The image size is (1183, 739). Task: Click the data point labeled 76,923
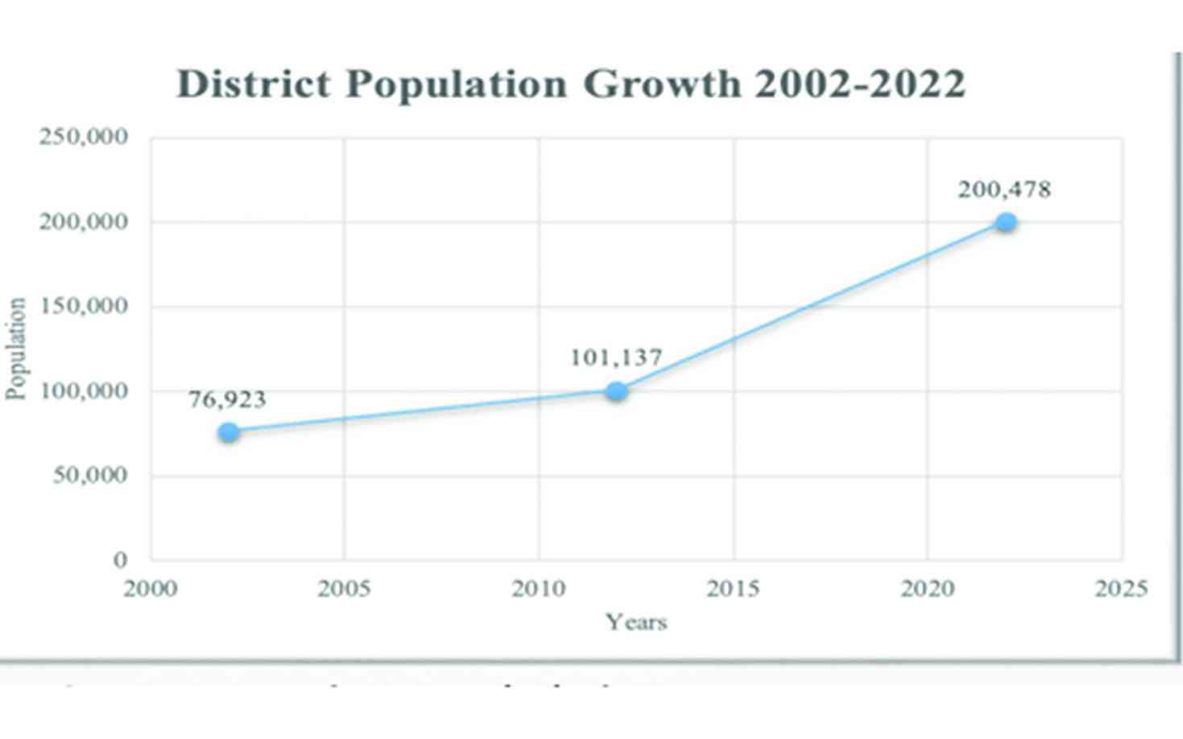click(229, 432)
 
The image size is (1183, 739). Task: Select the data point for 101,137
click(617, 391)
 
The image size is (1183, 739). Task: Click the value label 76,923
click(227, 399)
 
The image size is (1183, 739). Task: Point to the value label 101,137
click(616, 357)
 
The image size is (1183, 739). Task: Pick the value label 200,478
click(1004, 190)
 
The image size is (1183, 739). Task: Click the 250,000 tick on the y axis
click(84, 137)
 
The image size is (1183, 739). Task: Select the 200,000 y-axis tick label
click(84, 221)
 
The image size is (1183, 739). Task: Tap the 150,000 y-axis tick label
click(84, 306)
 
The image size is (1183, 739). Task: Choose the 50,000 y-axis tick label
click(91, 475)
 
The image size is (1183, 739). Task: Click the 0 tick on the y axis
click(120, 559)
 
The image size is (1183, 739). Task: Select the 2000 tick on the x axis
click(150, 588)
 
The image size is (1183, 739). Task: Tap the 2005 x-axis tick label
click(344, 588)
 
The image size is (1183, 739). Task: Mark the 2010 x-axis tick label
click(539, 588)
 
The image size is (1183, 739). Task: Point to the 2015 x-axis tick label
click(733, 588)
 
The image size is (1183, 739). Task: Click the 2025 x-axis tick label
click(1121, 588)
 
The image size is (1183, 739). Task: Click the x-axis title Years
click(636, 621)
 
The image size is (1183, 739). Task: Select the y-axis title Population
click(16, 349)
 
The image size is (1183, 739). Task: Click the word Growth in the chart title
click(662, 84)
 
